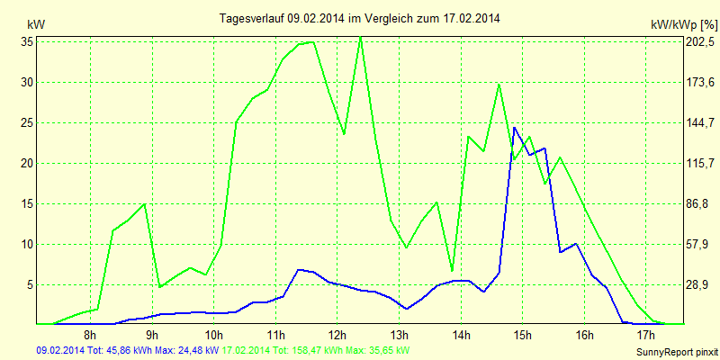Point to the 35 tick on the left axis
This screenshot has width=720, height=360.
click(x=27, y=41)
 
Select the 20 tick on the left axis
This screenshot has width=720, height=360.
click(x=27, y=163)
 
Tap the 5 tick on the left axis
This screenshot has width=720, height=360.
click(x=30, y=284)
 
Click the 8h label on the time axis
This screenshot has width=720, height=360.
click(x=90, y=335)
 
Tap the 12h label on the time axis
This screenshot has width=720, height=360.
click(x=337, y=335)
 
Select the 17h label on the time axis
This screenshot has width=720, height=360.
click(x=645, y=335)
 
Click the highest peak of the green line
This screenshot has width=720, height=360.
click(x=360, y=37)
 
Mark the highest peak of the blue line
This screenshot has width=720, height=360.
click(x=514, y=127)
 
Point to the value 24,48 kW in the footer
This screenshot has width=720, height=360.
click(x=199, y=350)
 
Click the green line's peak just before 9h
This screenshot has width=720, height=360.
click(x=144, y=204)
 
